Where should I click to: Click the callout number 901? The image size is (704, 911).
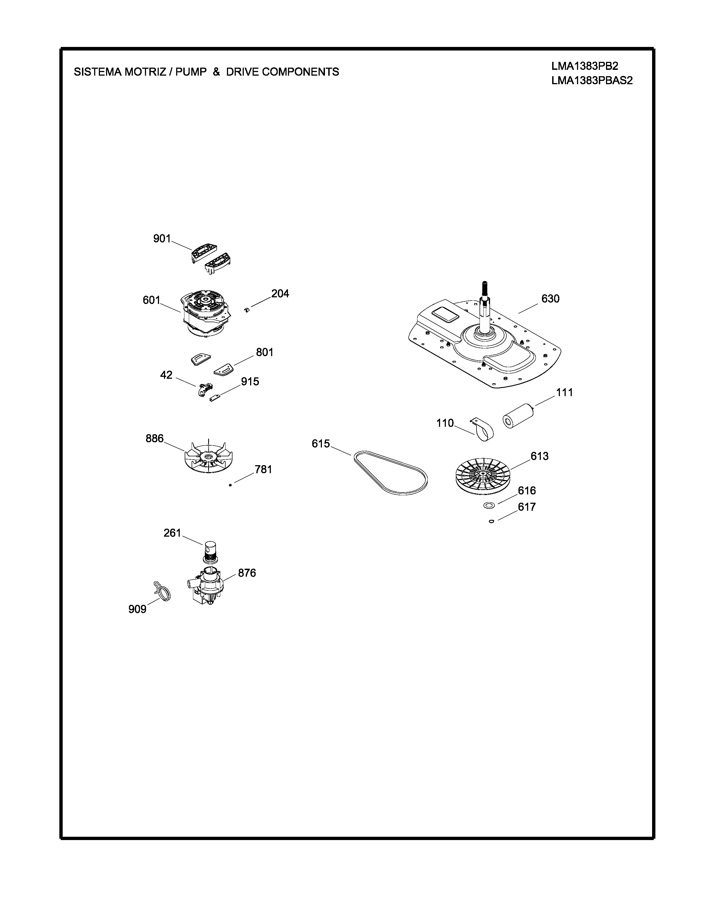pyautogui.click(x=162, y=239)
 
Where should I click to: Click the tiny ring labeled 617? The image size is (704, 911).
pyautogui.click(x=492, y=521)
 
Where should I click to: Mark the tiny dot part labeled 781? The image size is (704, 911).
pyautogui.click(x=230, y=485)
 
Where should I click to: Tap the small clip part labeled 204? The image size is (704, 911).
pyautogui.click(x=247, y=309)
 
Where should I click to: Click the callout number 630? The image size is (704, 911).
pyautogui.click(x=550, y=299)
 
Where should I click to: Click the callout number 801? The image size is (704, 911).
pyautogui.click(x=264, y=353)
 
